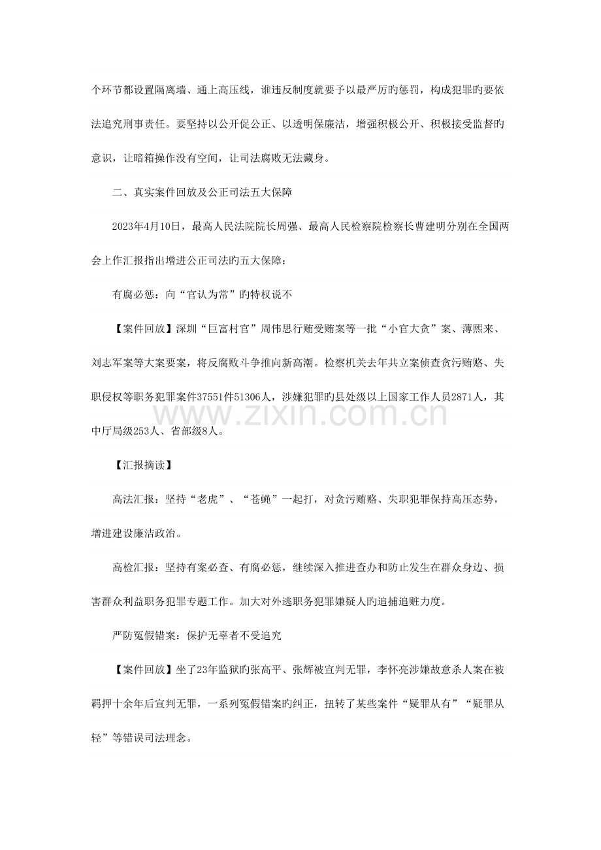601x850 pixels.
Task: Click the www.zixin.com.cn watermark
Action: tap(300, 414)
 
